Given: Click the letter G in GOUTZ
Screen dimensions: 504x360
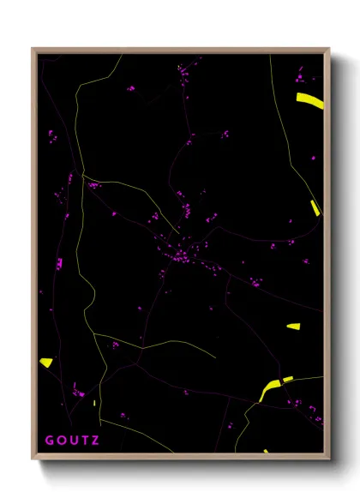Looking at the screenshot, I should (x=49, y=441).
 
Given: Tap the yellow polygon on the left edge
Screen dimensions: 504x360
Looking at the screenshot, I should (x=46, y=362).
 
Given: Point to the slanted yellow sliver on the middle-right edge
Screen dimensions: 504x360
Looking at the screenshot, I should (x=315, y=207).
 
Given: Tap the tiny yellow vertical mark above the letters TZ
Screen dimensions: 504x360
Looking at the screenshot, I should (x=94, y=402).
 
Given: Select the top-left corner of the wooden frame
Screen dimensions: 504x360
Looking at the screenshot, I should (x=33, y=49).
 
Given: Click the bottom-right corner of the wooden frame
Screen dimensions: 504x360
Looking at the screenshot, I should (x=329, y=460).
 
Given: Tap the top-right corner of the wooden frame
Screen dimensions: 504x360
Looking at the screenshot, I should (x=329, y=49).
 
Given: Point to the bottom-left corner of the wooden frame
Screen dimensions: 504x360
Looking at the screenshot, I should (x=33, y=460).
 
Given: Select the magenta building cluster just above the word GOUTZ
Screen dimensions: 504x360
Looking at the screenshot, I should (x=78, y=393).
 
